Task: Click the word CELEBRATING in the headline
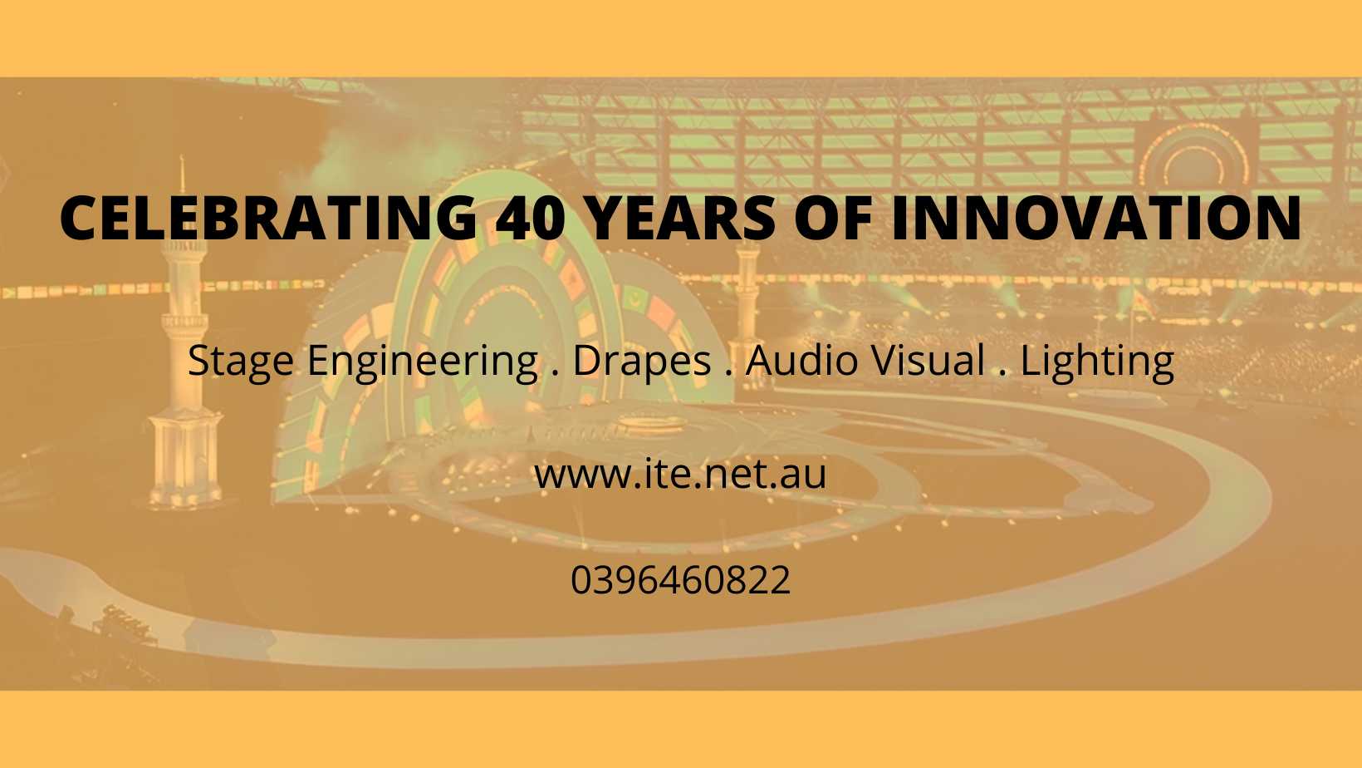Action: [x=268, y=218]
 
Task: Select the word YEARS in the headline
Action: [x=682, y=218]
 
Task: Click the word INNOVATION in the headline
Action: [x=1095, y=218]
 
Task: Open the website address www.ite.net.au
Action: [x=680, y=475]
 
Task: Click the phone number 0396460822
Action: [x=680, y=580]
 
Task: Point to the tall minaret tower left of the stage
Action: [x=185, y=341]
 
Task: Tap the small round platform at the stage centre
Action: [x=653, y=423]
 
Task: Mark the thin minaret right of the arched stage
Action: [x=747, y=304]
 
